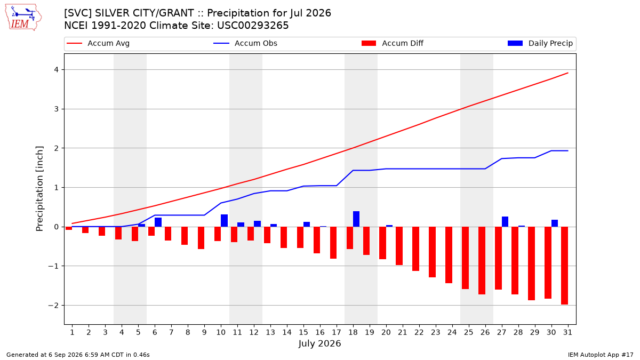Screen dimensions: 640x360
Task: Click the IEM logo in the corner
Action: pos(23,17)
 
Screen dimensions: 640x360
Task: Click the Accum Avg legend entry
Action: pos(98,43)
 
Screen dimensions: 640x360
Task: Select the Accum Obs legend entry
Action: pos(245,43)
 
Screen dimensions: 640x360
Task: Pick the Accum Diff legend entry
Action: pos(393,43)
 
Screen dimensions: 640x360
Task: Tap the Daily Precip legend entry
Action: pos(540,43)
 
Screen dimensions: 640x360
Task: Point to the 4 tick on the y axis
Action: pos(56,70)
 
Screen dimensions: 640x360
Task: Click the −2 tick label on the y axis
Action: pos(53,306)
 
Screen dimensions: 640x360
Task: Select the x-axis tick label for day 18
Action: pos(353,332)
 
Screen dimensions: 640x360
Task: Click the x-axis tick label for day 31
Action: pos(567,332)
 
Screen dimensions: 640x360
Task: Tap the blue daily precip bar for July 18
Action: pos(356,219)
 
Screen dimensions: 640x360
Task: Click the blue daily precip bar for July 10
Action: pos(225,221)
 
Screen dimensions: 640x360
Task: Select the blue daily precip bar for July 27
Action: pos(505,222)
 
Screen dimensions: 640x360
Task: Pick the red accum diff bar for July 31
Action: pos(564,266)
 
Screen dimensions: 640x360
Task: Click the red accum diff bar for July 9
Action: pos(201,238)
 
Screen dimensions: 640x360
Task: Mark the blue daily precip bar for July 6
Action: pos(158,222)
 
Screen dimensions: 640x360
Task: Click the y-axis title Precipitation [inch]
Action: pos(39,189)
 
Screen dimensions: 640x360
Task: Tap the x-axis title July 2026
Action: pos(319,343)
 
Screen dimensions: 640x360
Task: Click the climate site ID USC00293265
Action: pos(253,26)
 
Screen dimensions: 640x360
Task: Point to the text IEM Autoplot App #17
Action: pos(601,355)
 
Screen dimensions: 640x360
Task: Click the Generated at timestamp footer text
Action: pos(78,355)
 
